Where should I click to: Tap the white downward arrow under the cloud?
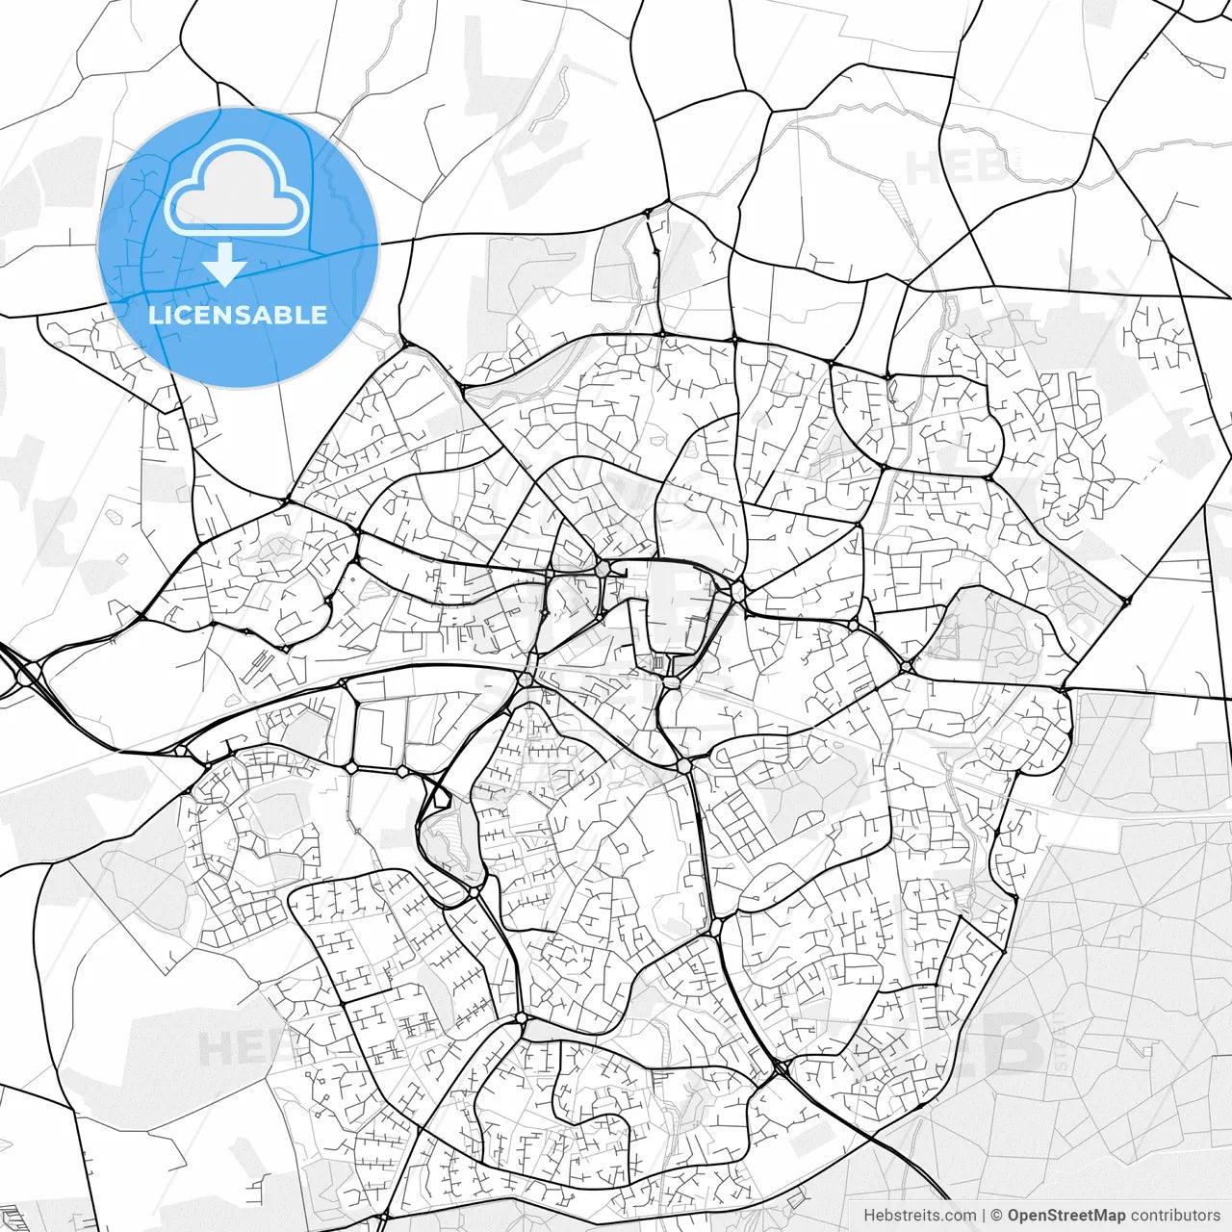[225, 266]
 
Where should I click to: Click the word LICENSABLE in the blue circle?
[238, 315]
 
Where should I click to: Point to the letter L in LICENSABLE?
[155, 315]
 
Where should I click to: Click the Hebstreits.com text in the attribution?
[919, 1216]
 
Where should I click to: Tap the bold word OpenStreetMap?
[1066, 1216]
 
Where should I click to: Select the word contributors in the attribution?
[1175, 1216]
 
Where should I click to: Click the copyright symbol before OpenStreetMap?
[997, 1216]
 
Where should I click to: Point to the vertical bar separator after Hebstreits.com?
[984, 1216]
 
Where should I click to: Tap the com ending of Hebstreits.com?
[962, 1216]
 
